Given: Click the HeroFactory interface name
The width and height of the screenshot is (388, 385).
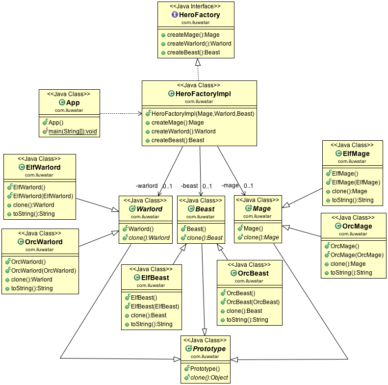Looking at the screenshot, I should (x=199, y=15).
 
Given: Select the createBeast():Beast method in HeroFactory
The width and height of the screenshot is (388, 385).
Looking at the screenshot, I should (x=193, y=52).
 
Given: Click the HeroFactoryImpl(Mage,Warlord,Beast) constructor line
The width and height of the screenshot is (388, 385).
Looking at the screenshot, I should (x=199, y=113).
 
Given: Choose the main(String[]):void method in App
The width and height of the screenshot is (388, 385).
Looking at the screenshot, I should (x=73, y=131).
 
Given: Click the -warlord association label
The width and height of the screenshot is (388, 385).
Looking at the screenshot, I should (x=147, y=186).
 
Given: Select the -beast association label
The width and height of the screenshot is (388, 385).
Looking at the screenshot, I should (x=189, y=186).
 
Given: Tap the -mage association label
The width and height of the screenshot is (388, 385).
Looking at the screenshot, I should (x=230, y=186).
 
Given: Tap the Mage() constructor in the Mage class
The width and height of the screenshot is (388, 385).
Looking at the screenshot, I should (x=253, y=229).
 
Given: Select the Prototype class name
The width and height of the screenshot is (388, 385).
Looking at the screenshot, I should (x=208, y=349).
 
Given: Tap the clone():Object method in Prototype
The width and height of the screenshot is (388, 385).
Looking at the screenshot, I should (x=208, y=378).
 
